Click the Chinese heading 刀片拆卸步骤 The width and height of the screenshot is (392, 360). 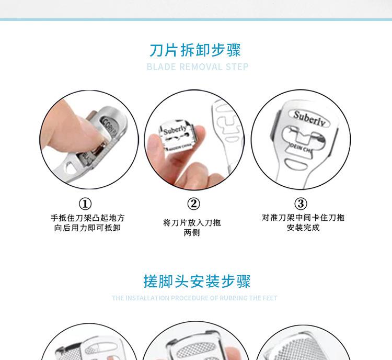tap(195, 50)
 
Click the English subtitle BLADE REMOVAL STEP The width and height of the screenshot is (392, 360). tap(197, 67)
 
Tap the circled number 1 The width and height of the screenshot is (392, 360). tap(85, 204)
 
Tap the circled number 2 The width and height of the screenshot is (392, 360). tap(193, 204)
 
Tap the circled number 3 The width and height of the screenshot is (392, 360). tap(301, 204)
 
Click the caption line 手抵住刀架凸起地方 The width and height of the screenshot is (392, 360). tap(87, 218)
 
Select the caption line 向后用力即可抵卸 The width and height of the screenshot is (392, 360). tap(87, 228)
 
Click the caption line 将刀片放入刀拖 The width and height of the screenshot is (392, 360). tap(192, 222)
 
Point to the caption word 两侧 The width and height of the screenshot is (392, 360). tap(192, 233)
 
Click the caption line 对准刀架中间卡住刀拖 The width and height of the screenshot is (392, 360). tap(303, 217)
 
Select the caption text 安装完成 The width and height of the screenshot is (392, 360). tap(303, 228)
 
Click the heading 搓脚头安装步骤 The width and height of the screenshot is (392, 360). tap(197, 281)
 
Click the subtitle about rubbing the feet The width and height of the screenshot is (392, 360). tap(194, 298)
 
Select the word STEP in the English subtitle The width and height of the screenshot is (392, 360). tap(237, 67)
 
